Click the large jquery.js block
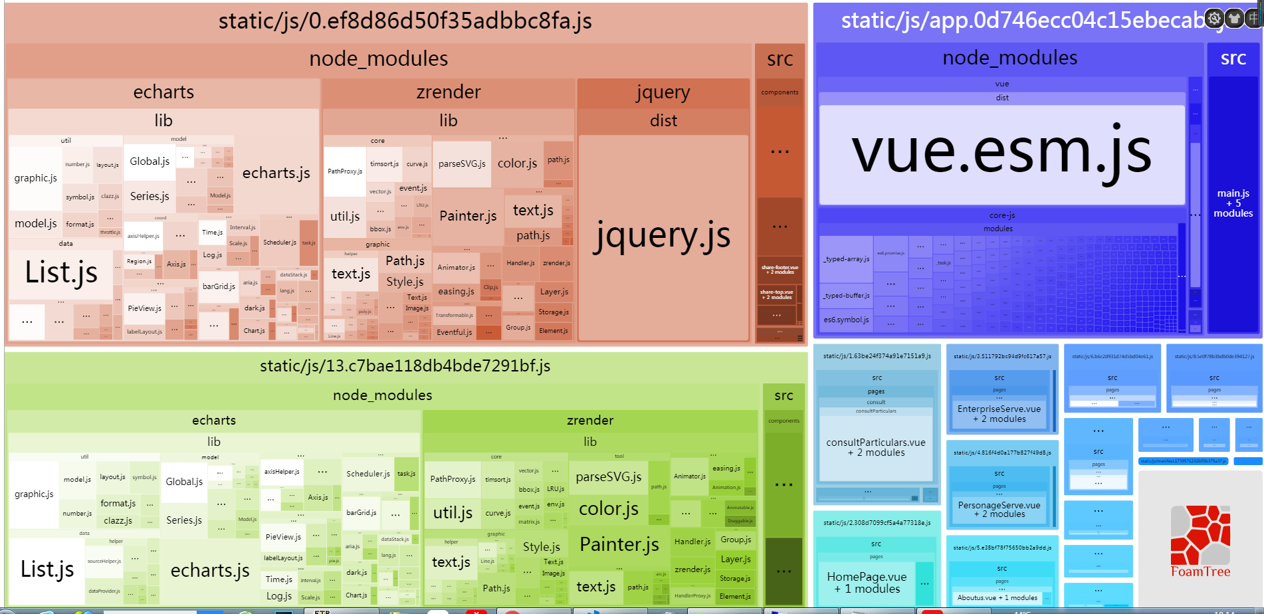click(663, 236)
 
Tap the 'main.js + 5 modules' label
click(1233, 203)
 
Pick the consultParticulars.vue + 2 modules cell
click(875, 447)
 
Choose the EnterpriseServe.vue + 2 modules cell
click(999, 413)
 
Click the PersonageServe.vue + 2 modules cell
click(999, 509)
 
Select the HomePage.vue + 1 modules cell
click(866, 582)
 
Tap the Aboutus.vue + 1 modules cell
click(997, 597)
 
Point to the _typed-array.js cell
click(846, 259)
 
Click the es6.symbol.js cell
click(846, 320)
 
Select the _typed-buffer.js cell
click(846, 296)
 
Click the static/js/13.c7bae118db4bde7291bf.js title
click(405, 366)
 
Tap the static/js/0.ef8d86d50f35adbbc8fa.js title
click(405, 21)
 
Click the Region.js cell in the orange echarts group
click(140, 261)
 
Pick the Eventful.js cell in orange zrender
click(455, 332)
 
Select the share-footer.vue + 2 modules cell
click(780, 268)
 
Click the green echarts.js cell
click(210, 571)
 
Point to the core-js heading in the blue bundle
click(1001, 215)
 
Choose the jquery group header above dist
click(663, 92)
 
